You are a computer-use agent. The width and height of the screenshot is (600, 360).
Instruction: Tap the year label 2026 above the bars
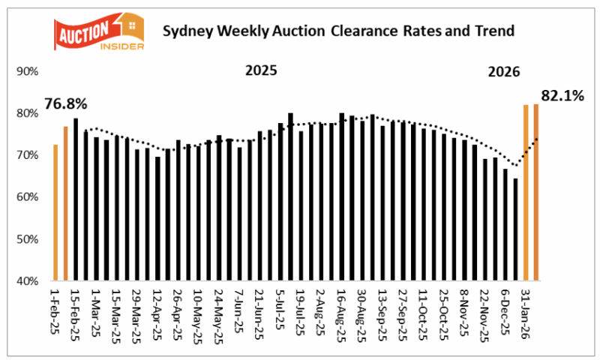click(x=505, y=72)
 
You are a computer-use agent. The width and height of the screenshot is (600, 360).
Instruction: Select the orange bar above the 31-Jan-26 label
click(x=526, y=193)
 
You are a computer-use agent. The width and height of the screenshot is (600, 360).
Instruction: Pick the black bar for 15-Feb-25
click(x=76, y=199)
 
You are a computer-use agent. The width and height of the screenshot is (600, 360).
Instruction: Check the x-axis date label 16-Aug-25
click(x=342, y=312)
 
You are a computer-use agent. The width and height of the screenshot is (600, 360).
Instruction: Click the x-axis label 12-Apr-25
click(x=158, y=312)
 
